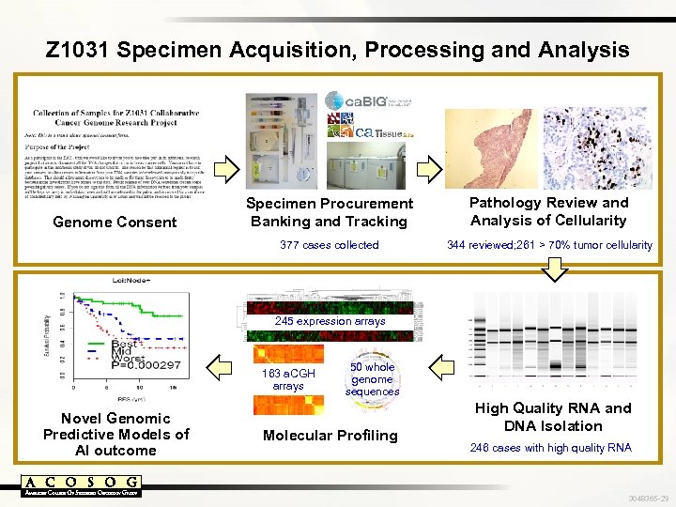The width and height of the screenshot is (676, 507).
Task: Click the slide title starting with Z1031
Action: [338, 49]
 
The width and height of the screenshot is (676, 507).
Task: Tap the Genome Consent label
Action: [115, 223]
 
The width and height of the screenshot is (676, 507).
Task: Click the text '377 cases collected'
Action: [330, 245]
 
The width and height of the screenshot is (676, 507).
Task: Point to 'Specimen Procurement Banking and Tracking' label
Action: [329, 212]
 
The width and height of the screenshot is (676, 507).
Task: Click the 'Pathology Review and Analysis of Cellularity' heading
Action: [548, 211]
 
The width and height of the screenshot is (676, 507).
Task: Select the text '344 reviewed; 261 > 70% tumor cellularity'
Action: [549, 245]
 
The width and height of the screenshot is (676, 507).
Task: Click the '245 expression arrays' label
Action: [330, 321]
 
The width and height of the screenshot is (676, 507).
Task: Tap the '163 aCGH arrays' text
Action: [288, 379]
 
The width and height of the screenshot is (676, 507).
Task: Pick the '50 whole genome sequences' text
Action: [373, 379]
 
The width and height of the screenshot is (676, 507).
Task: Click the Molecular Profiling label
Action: [330, 436]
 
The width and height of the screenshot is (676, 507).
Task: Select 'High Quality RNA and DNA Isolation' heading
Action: [552, 417]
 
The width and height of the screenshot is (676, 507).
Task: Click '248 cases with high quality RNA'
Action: [552, 448]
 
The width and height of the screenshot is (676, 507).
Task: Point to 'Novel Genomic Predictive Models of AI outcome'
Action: [115, 434]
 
